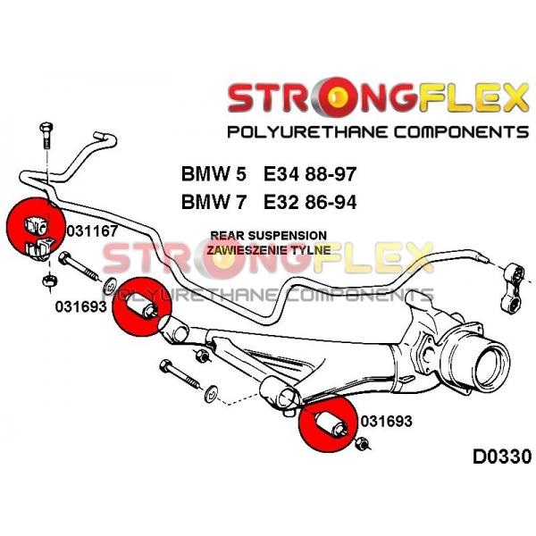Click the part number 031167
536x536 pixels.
tap(92, 231)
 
